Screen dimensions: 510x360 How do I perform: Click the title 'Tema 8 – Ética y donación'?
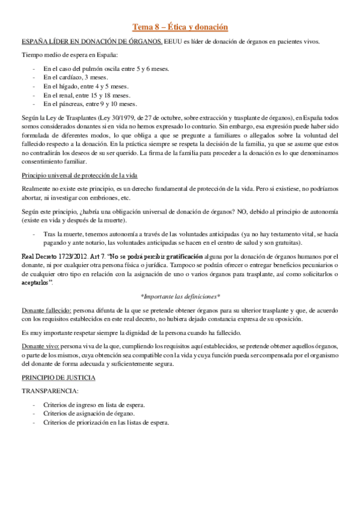click(180, 27)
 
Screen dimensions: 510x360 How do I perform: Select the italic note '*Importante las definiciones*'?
click(180, 296)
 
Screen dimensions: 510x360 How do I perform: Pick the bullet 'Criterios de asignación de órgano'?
click(89, 414)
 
